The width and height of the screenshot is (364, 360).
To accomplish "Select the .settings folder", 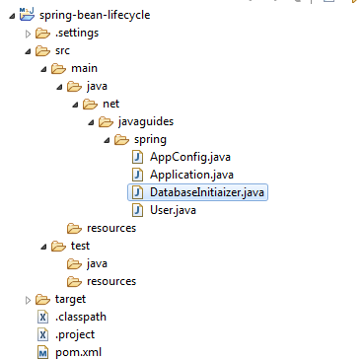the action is click(77, 33).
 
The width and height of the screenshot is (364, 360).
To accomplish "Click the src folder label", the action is click(62, 50).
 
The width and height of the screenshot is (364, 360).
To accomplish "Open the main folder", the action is click(85, 68).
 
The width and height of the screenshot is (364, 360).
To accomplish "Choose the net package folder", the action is click(110, 104).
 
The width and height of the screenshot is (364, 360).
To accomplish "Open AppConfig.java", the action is click(190, 157).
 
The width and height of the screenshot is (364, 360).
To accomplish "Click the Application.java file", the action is click(191, 175).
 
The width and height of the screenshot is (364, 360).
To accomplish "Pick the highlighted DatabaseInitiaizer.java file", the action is click(208, 192).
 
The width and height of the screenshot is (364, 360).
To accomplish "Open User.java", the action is click(175, 210).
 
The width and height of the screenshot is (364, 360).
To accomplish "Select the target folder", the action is click(70, 299).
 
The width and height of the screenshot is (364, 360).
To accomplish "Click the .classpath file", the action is click(81, 317).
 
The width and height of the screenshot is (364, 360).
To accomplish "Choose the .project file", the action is click(76, 334).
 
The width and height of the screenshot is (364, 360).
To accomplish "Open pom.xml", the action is click(78, 352).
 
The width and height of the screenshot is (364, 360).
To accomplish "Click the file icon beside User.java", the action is click(138, 210).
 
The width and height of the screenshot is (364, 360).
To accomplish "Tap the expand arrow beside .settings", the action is click(27, 34).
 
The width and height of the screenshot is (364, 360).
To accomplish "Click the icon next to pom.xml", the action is click(42, 352).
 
